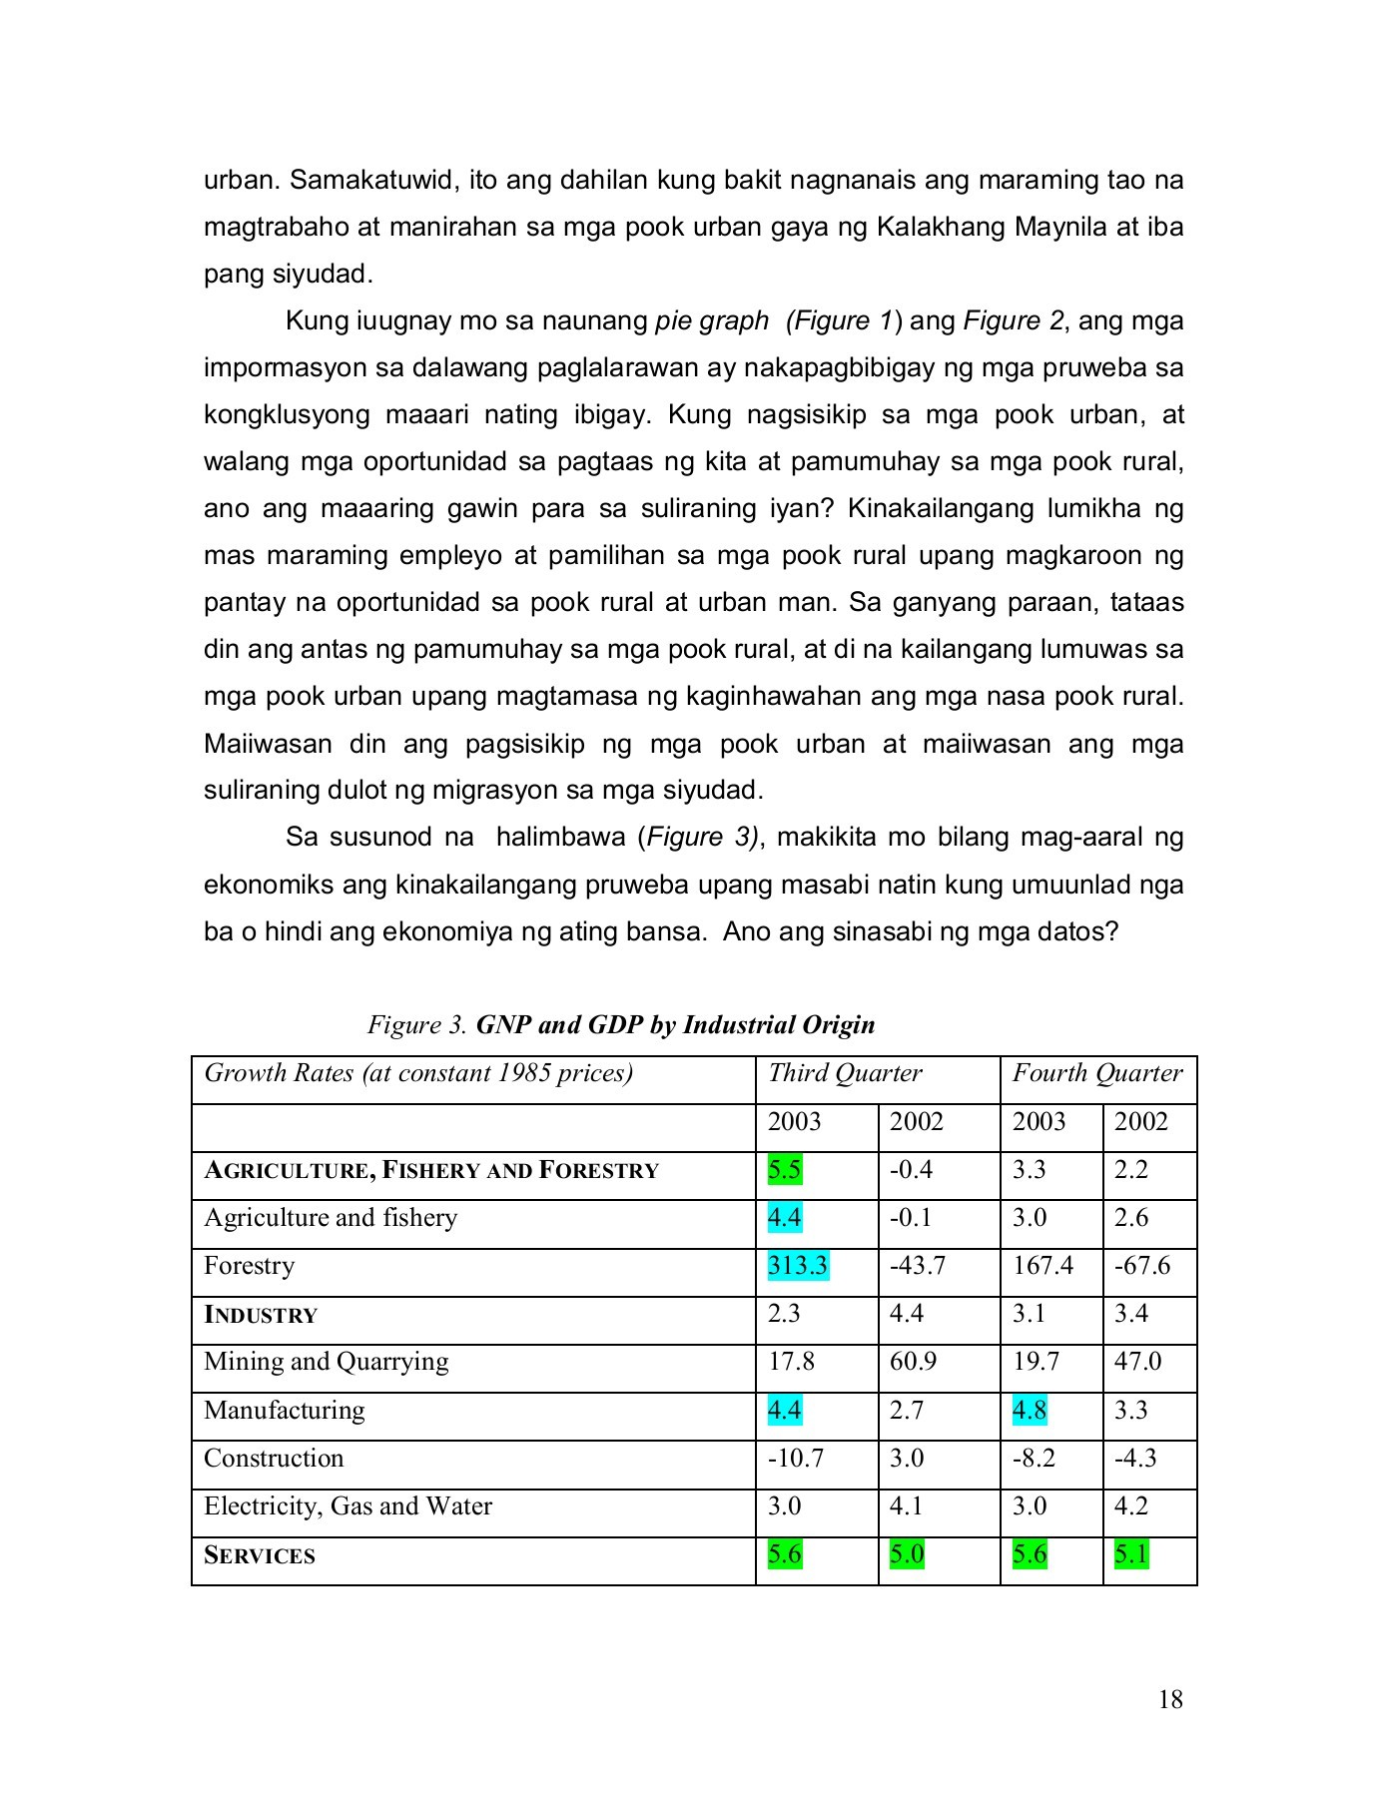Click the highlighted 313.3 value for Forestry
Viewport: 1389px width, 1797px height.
797,1265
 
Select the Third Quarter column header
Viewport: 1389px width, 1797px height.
844,1073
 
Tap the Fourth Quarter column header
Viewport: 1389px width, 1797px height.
1096,1073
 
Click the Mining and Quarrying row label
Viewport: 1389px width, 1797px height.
326,1362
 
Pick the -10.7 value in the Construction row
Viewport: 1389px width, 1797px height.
795,1458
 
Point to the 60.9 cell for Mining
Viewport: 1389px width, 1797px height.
913,1362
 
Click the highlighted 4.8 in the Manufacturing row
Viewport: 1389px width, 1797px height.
1030,1410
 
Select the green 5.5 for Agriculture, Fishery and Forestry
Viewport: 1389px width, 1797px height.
784,1169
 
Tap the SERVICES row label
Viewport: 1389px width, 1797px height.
260,1554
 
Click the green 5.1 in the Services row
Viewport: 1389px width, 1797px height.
1131,1554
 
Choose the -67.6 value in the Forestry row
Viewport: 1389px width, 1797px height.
1142,1265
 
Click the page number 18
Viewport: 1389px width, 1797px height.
1170,1699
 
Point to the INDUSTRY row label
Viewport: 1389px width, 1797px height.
261,1314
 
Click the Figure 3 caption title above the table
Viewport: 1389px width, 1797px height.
621,1025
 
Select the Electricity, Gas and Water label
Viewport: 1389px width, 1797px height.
347,1505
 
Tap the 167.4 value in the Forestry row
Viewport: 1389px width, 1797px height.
1042,1265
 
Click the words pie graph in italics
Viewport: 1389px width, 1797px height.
712,320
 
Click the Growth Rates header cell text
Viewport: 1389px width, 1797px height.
418,1073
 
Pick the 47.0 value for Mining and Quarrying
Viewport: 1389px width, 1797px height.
1136,1362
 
